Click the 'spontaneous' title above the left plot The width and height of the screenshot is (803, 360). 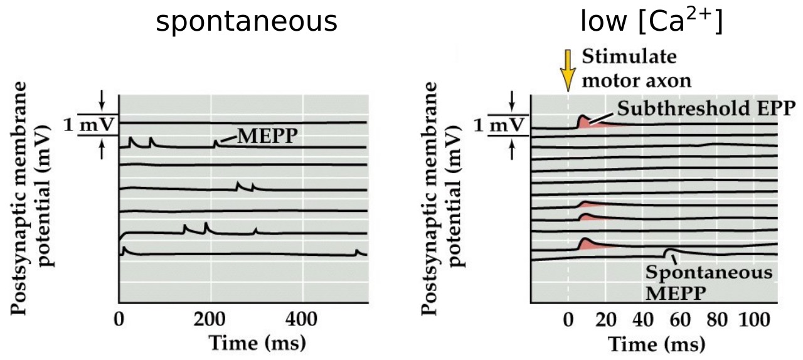tap(246, 23)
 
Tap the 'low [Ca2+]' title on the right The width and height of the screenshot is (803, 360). tap(651, 21)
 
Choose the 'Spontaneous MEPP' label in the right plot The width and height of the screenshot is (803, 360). tap(708, 282)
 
